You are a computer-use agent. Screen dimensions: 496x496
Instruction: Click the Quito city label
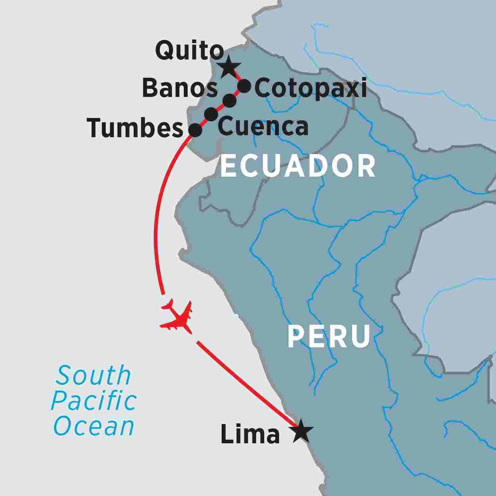coord(189,51)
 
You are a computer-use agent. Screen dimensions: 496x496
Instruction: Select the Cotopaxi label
coord(310,89)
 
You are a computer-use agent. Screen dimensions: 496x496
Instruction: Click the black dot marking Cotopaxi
coord(244,86)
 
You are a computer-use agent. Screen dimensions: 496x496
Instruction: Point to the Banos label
coord(180,89)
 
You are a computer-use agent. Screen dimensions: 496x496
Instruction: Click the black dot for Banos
coord(229,100)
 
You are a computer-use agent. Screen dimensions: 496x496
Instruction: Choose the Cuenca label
coord(263,126)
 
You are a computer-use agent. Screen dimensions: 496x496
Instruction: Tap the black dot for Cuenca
coord(211,115)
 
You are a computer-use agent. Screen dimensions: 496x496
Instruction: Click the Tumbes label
coord(135,129)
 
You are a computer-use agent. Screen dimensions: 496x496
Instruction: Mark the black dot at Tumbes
coord(195,130)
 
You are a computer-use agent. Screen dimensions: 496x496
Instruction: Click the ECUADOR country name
coord(298,167)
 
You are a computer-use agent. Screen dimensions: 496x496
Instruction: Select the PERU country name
coord(328,337)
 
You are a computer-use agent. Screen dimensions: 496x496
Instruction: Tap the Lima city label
coord(250,435)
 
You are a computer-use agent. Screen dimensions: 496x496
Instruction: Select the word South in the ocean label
coord(93,375)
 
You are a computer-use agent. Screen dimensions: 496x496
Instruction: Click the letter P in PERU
coord(295,337)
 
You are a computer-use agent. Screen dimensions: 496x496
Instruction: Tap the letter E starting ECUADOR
coord(228,167)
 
